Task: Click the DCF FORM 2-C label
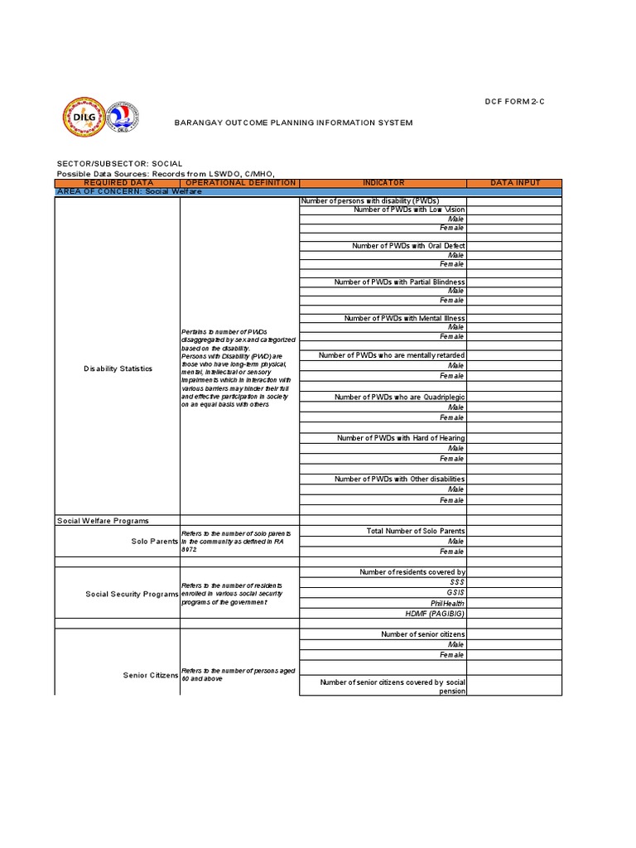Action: click(515, 101)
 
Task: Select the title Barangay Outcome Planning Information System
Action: click(292, 123)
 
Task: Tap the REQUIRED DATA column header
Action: click(117, 183)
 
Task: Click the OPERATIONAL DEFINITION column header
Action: click(239, 183)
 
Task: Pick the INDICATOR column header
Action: click(383, 183)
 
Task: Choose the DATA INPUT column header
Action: click(514, 183)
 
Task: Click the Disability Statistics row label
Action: click(118, 369)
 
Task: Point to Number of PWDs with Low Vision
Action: click(409, 210)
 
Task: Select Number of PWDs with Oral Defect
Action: click(408, 246)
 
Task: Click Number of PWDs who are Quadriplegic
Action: click(399, 397)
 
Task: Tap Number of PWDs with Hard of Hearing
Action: click(401, 438)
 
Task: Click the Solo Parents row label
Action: click(155, 542)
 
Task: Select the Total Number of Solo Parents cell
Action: click(415, 531)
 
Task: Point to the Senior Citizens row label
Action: click(151, 676)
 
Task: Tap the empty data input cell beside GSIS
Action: click(514, 593)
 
